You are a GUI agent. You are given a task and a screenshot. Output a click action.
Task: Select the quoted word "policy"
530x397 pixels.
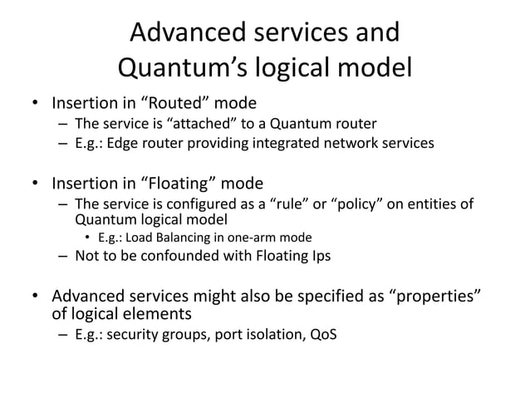click(365, 203)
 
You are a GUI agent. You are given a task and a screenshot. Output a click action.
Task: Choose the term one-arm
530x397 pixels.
click(248, 238)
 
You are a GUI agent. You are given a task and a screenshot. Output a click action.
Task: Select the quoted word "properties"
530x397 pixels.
click(437, 297)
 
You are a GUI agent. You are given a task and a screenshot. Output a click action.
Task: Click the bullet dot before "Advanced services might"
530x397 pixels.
click(34, 297)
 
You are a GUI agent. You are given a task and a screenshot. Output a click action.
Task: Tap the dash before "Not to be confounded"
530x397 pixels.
click(63, 256)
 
